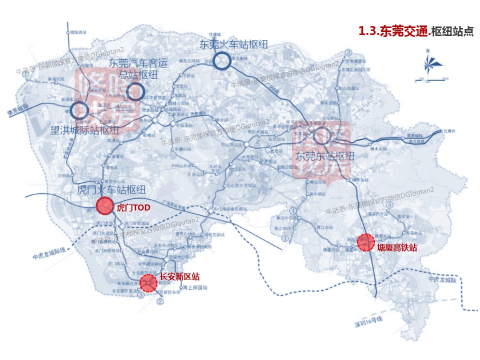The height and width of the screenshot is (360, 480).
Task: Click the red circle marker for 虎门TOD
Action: point(105,205)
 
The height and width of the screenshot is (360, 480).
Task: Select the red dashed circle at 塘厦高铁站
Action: point(366,242)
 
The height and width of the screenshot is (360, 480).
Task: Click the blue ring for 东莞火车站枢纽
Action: point(221,61)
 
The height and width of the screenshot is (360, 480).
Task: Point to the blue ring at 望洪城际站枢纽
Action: point(79,110)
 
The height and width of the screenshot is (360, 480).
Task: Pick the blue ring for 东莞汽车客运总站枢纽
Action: point(134,91)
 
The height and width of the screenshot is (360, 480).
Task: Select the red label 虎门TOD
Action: point(133,206)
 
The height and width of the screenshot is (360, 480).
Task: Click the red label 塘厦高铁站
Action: point(397,247)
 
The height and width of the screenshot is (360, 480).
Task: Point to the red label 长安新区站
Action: point(180,276)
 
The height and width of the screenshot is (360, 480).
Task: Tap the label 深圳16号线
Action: point(368,321)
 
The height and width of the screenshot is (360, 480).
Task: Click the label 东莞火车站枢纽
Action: point(233,44)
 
